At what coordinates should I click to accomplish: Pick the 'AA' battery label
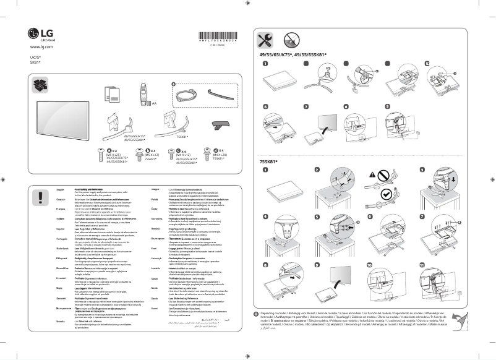tap(154, 105)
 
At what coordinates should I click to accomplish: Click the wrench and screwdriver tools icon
tap(264, 40)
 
